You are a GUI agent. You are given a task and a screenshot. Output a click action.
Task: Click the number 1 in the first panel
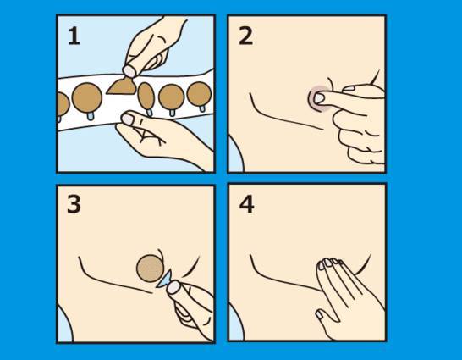pyautogui.click(x=74, y=36)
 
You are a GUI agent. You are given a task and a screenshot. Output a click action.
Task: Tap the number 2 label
pyautogui.click(x=245, y=36)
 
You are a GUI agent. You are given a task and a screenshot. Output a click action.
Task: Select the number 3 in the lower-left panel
pyautogui.click(x=74, y=204)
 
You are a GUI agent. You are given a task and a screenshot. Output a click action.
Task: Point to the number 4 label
pyautogui.click(x=246, y=205)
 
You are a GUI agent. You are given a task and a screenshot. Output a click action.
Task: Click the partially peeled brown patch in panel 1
pyautogui.click(x=122, y=86)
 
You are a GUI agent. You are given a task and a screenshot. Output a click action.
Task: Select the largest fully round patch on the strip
pyautogui.click(x=87, y=97)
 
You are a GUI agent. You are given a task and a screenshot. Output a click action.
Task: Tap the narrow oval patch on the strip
pyautogui.click(x=146, y=96)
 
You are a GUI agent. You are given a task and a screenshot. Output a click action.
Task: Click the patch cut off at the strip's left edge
pyautogui.click(x=63, y=104)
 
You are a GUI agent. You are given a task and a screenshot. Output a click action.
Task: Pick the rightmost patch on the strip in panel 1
pyautogui.click(x=200, y=94)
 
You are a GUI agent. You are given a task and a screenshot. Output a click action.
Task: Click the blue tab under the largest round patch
pyautogui.click(x=91, y=116)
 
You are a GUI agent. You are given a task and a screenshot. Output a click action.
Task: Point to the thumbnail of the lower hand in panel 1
pyautogui.click(x=128, y=119)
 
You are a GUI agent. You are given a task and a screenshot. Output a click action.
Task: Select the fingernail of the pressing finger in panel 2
pyautogui.click(x=319, y=98)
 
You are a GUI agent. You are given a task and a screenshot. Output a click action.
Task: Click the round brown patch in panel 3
pyautogui.click(x=151, y=268)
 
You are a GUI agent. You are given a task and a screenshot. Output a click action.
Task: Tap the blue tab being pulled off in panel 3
pyautogui.click(x=164, y=280)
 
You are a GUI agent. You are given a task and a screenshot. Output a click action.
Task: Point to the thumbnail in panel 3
pyautogui.click(x=173, y=287)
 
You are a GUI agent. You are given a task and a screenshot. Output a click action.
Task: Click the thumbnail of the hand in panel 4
pyautogui.click(x=319, y=315)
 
